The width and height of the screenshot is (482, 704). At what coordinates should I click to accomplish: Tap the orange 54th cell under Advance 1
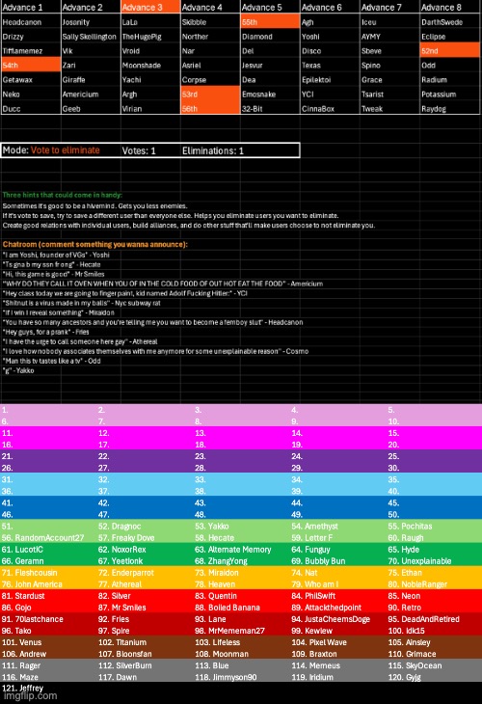click(x=30, y=64)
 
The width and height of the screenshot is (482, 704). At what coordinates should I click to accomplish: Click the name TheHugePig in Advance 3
click(x=143, y=35)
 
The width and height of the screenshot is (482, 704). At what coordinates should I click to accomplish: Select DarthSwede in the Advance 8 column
click(x=445, y=21)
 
